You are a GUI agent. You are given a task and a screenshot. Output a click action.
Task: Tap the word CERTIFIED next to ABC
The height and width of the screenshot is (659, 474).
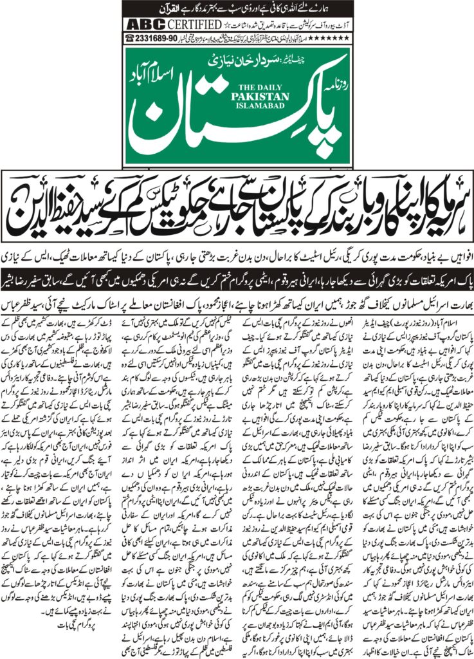pyautogui.click(x=188, y=24)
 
